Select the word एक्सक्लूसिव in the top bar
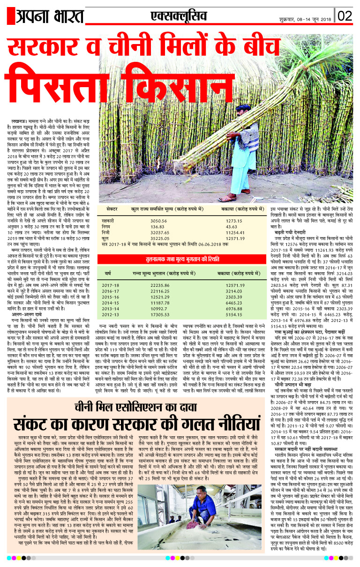172,16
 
